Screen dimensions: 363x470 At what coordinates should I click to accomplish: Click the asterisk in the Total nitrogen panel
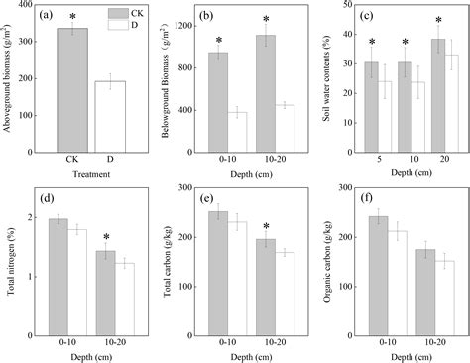tap(106, 238)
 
